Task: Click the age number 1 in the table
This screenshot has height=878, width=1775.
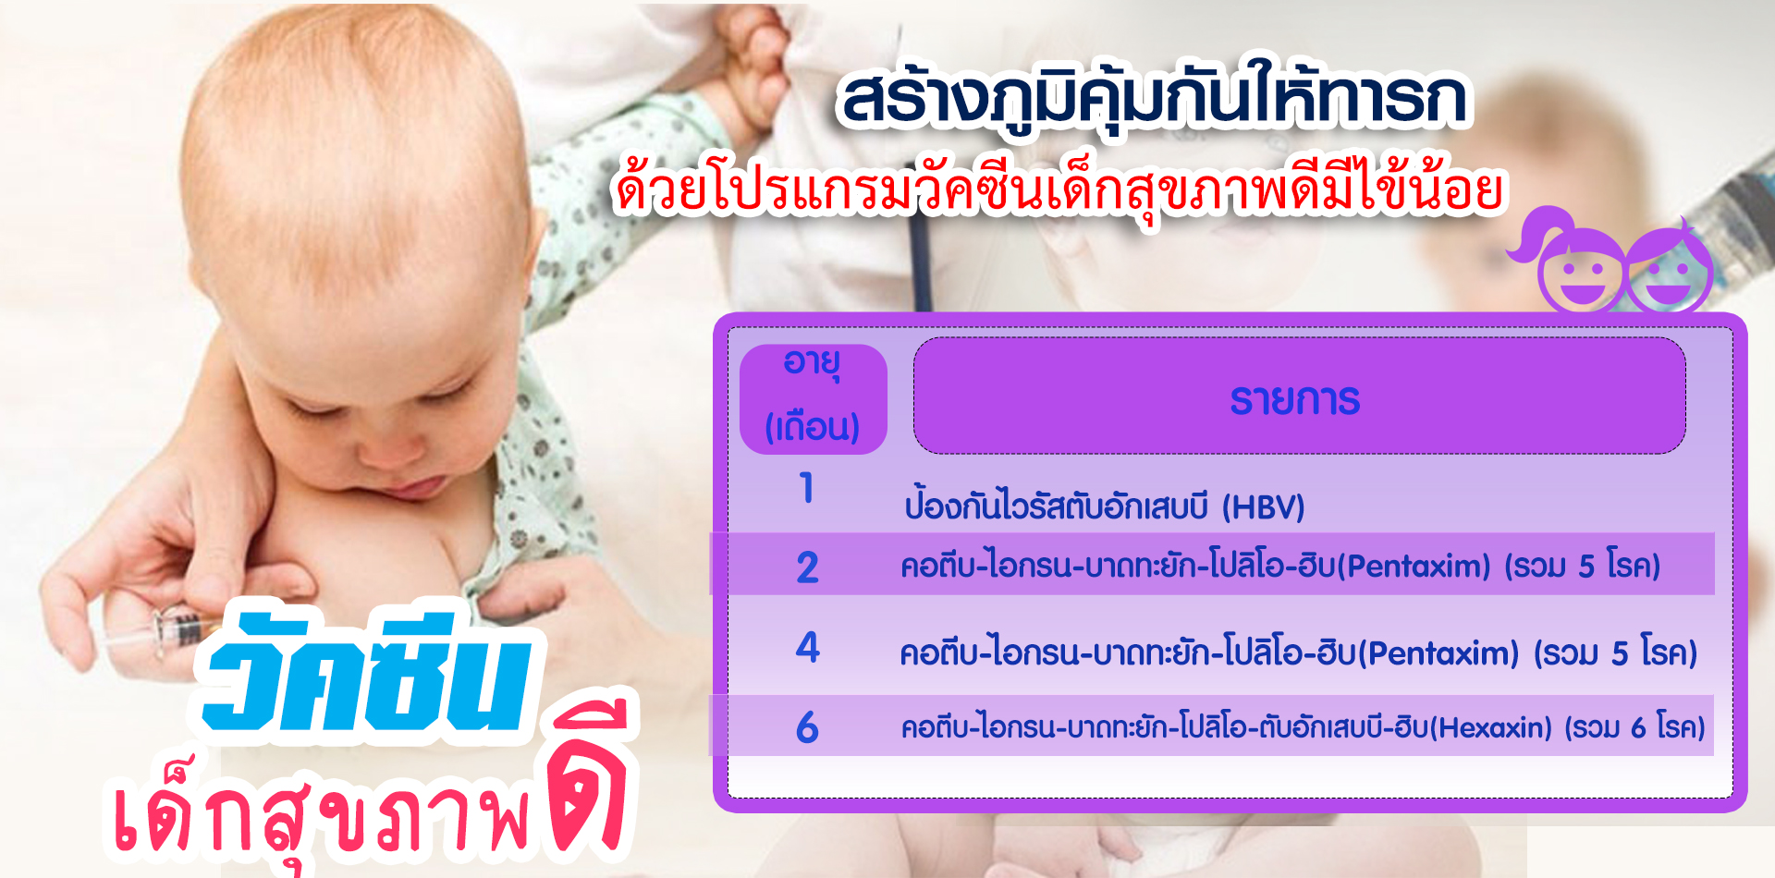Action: [x=807, y=488]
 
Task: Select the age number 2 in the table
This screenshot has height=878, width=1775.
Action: [x=808, y=567]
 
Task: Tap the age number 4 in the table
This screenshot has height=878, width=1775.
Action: [x=808, y=647]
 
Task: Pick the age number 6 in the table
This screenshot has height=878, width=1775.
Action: [x=807, y=727]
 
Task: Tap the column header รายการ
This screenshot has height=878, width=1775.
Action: [x=1295, y=400]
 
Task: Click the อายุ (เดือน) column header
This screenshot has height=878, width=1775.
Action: [x=813, y=398]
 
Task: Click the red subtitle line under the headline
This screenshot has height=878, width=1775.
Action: [x=1059, y=190]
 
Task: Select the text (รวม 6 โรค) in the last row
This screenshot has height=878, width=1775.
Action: [x=1634, y=728]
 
